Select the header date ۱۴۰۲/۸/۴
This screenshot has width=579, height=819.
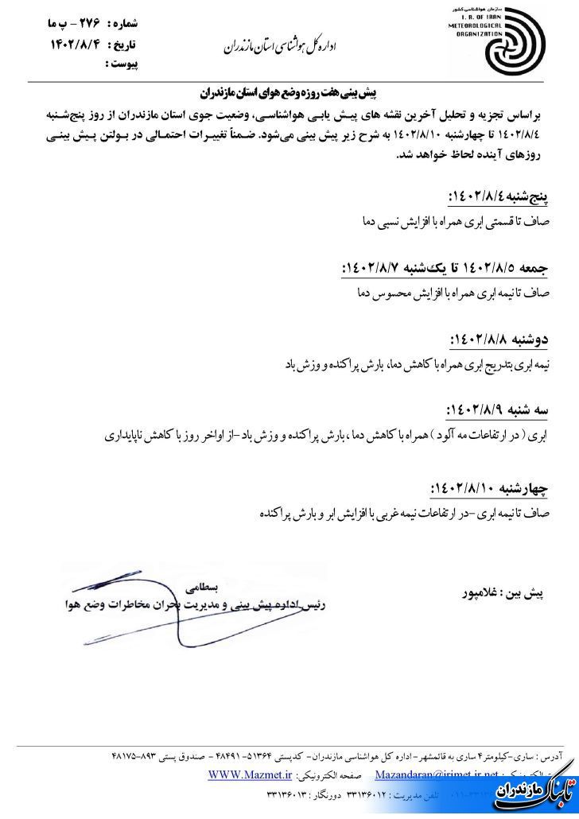point(76,45)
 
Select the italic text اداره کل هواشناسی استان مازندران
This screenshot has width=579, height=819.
point(287,47)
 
